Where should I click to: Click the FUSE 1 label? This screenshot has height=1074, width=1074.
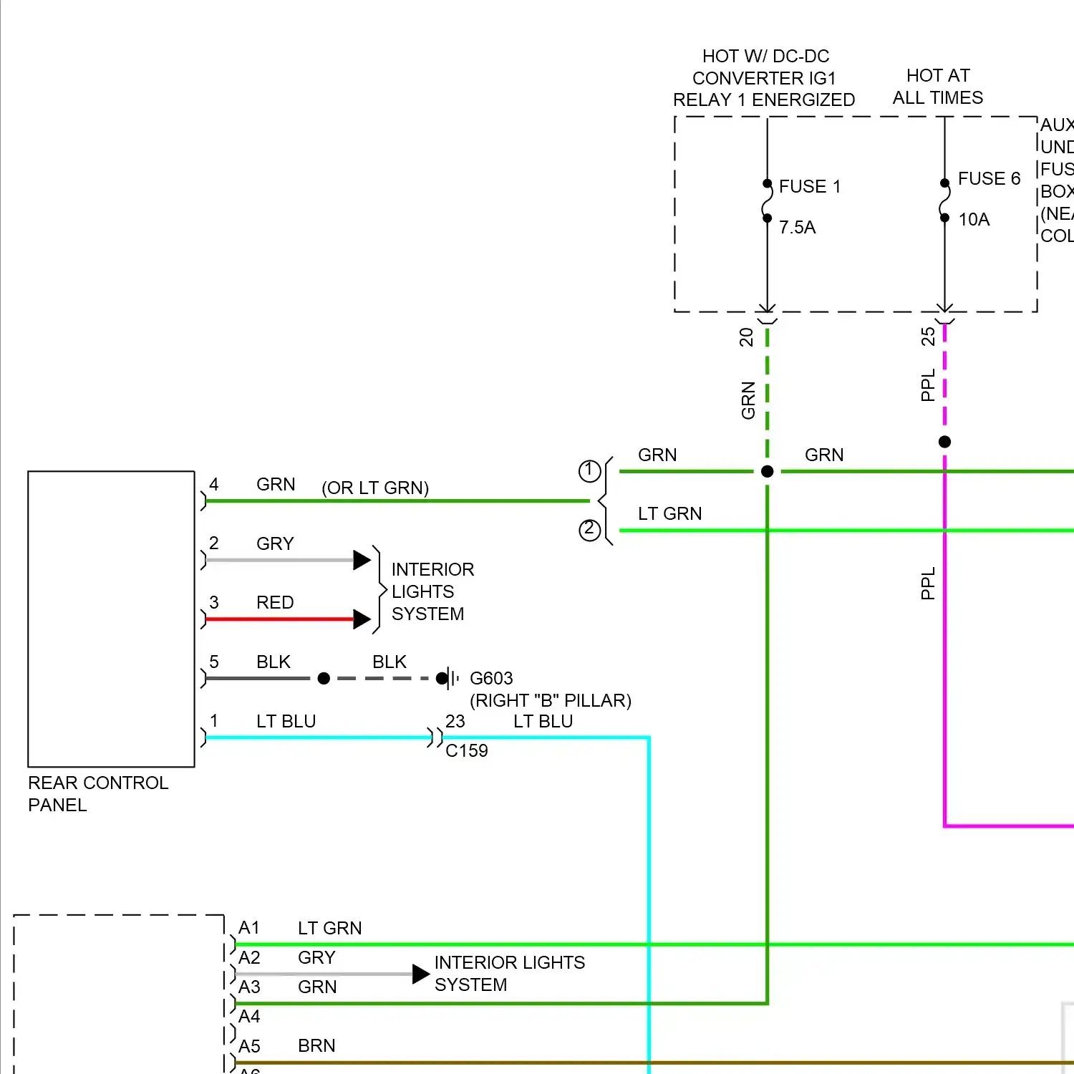pyautogui.click(x=809, y=187)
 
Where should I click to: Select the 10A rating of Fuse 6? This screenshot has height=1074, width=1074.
pyautogui.click(x=974, y=220)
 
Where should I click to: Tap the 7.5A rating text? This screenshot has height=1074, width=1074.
pyautogui.click(x=797, y=228)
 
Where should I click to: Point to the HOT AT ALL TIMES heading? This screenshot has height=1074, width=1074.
pyautogui.click(x=937, y=87)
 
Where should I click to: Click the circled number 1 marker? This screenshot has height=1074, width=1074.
pyautogui.click(x=589, y=470)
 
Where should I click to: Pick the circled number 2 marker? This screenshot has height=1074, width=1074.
pyautogui.click(x=589, y=530)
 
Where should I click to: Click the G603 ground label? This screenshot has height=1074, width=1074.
pyautogui.click(x=491, y=678)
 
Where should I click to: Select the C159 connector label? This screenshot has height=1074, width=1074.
pyautogui.click(x=466, y=750)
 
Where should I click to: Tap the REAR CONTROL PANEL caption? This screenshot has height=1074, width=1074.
pyautogui.click(x=97, y=793)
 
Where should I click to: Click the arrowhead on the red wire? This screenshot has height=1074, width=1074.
pyautogui.click(x=362, y=619)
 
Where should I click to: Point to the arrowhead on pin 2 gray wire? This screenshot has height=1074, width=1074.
pyautogui.click(x=362, y=560)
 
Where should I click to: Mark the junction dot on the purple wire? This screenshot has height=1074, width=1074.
pyautogui.click(x=944, y=442)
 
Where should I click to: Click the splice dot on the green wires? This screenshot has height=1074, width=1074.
pyautogui.click(x=767, y=471)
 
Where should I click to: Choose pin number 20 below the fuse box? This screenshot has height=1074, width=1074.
pyautogui.click(x=746, y=337)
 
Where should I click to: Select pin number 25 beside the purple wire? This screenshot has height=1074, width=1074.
pyautogui.click(x=928, y=337)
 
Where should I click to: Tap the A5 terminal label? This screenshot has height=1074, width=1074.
pyautogui.click(x=249, y=1046)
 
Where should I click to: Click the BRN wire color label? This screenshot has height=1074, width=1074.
pyautogui.click(x=316, y=1045)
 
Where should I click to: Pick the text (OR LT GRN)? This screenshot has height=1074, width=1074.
pyautogui.click(x=375, y=488)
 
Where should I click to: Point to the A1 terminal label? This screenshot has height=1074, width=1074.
pyautogui.click(x=248, y=928)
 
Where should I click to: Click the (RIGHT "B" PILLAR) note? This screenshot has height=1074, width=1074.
pyautogui.click(x=550, y=700)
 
